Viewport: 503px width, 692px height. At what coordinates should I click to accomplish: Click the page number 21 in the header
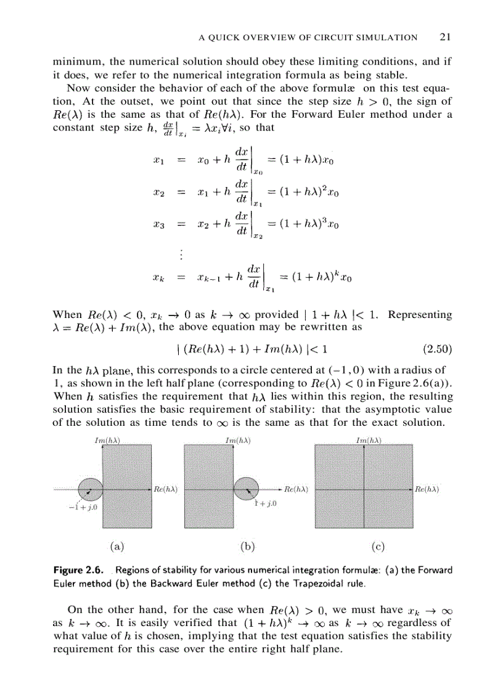point(446,37)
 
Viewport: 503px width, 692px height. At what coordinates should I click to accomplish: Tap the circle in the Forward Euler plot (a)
point(89,489)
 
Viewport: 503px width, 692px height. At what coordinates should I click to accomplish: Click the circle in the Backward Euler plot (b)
point(247,489)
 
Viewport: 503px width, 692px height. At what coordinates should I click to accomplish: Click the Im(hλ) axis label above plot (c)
point(369,441)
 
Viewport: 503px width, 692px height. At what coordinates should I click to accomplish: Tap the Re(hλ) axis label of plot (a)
point(166,489)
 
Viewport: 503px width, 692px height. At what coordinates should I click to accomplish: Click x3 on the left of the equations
point(158,226)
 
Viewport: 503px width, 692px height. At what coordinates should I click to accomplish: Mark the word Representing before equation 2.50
point(420,314)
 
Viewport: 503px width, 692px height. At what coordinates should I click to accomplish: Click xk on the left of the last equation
point(158,277)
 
